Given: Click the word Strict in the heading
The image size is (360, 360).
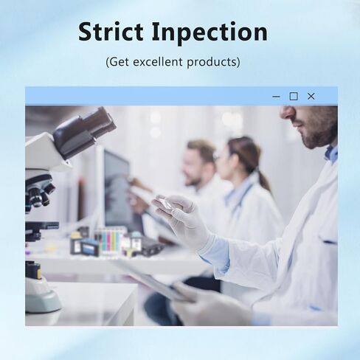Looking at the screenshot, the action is (x=111, y=32).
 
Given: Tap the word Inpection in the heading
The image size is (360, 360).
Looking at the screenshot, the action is (x=210, y=33).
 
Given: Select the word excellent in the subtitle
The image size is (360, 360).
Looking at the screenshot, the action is (x=159, y=61).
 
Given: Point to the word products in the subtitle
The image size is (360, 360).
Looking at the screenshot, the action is (x=212, y=62).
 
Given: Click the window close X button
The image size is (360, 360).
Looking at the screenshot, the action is (x=311, y=96).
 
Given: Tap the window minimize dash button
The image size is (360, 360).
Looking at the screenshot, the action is (x=276, y=97).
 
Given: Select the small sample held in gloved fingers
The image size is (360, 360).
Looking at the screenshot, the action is (x=164, y=202).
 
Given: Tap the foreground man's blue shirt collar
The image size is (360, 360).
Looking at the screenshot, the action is (x=330, y=153).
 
